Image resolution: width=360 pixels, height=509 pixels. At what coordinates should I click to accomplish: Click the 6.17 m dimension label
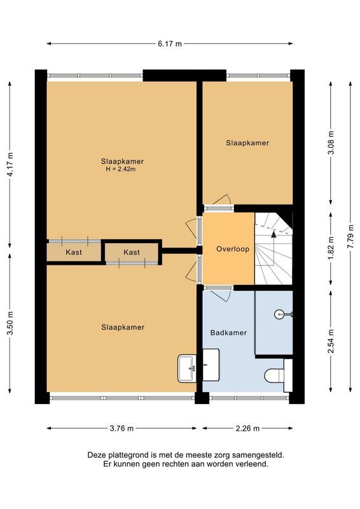(x=170, y=44)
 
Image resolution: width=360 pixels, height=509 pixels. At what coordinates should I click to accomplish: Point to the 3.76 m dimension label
(x=120, y=428)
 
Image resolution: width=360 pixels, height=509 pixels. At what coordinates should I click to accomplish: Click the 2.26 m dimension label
(x=247, y=428)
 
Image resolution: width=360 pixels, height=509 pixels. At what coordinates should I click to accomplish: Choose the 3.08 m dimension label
(x=330, y=143)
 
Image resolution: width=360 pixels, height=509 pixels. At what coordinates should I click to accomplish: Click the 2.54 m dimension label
(x=330, y=341)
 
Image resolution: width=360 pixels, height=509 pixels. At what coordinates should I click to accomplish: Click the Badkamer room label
(x=228, y=332)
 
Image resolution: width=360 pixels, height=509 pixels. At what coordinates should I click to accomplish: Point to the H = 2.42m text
(x=121, y=169)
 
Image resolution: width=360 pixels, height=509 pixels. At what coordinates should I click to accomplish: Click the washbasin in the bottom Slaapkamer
(x=187, y=368)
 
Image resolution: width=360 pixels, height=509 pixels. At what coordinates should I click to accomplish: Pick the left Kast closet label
(x=74, y=253)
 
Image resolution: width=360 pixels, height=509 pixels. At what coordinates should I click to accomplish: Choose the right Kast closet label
(x=132, y=253)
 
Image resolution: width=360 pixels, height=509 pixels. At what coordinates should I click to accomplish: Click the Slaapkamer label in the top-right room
(x=247, y=143)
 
